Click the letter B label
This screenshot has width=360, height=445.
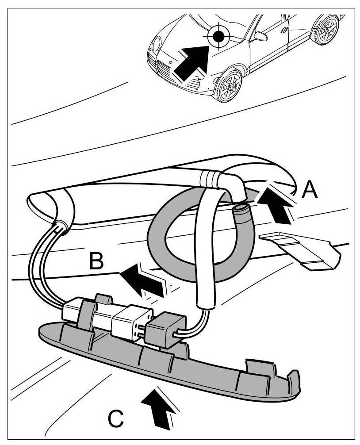tap(96, 261)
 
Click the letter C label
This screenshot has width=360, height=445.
tap(116, 418)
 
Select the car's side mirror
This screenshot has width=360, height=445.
tap(261, 35)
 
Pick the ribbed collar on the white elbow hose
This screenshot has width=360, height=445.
tap(209, 178)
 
